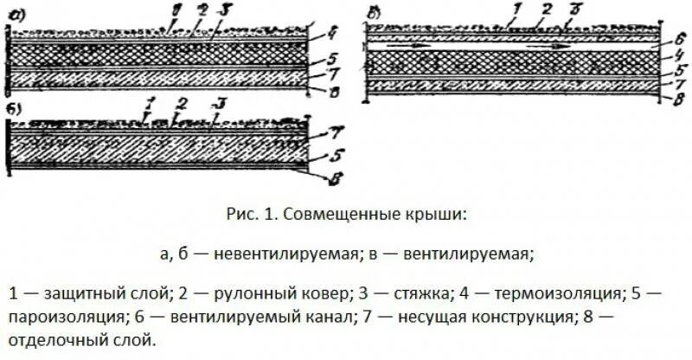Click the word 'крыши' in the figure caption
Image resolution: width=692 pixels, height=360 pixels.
433,213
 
